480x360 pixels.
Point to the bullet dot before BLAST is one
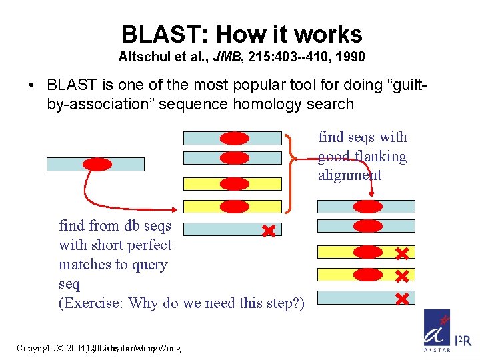pos(31,85)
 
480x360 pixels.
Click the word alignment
pos(350,175)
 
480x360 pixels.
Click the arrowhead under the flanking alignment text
pos(371,194)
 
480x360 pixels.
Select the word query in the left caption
pos(149,265)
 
